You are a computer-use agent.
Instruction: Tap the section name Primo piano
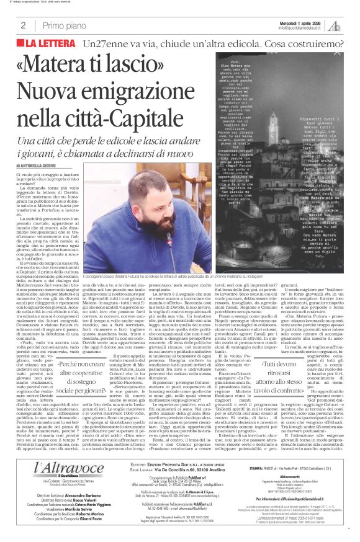[61, 25]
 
